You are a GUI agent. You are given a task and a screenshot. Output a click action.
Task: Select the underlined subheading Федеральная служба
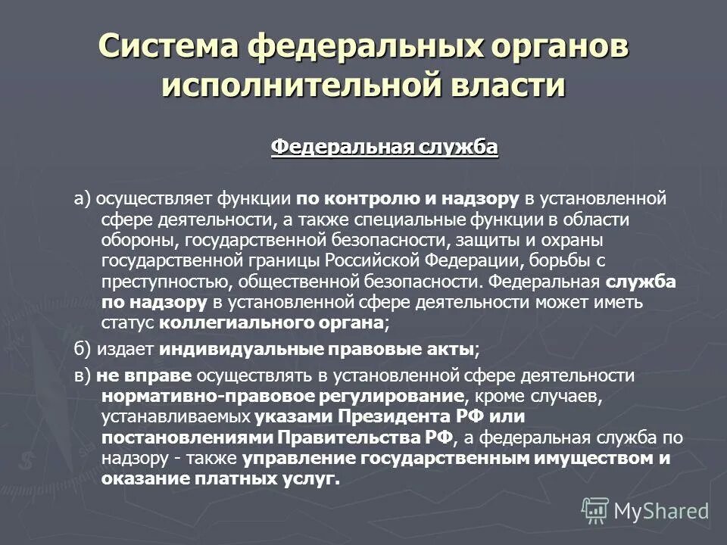[385, 146]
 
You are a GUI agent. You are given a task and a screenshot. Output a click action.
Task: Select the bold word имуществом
[585, 458]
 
